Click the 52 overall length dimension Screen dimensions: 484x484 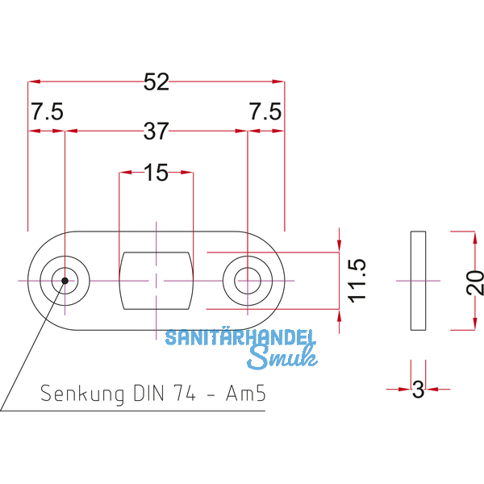[x=156, y=81]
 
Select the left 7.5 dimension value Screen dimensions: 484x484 [x=46, y=112]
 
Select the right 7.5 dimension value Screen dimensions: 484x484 [x=265, y=112]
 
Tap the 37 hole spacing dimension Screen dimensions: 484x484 [x=156, y=130]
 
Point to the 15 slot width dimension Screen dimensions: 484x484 [x=156, y=172]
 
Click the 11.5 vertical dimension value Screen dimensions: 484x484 [x=357, y=280]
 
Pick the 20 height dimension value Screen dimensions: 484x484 [x=475, y=281]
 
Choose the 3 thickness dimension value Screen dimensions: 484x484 [x=418, y=390]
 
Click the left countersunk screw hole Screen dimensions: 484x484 [x=63, y=280]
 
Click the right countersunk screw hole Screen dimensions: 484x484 [x=247, y=280]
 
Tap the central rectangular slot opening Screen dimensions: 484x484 [x=156, y=280]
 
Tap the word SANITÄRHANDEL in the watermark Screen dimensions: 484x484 [x=240, y=338]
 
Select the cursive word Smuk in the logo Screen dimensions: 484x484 [x=279, y=357]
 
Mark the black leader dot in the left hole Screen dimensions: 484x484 [x=63, y=281]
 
